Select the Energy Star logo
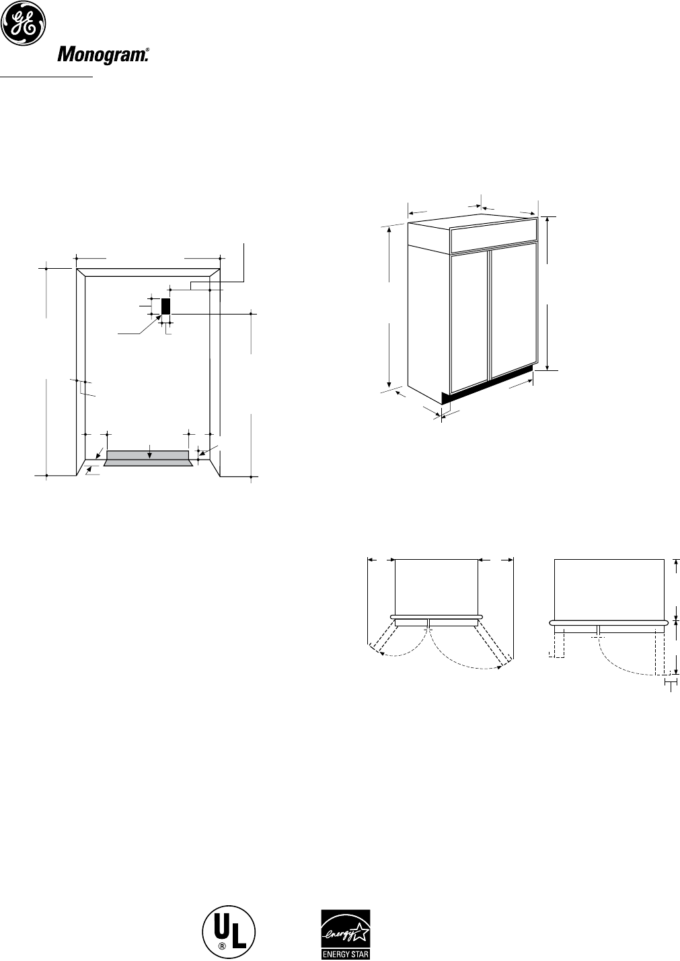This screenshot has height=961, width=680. pos(344,934)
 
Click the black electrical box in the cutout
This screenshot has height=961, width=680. pos(165,306)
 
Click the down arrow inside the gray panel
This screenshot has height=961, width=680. pos(149,455)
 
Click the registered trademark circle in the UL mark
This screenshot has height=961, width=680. pos(221,948)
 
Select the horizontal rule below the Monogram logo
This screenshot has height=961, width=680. pos(46,77)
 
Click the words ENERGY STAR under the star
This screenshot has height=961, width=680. pos(344,954)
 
